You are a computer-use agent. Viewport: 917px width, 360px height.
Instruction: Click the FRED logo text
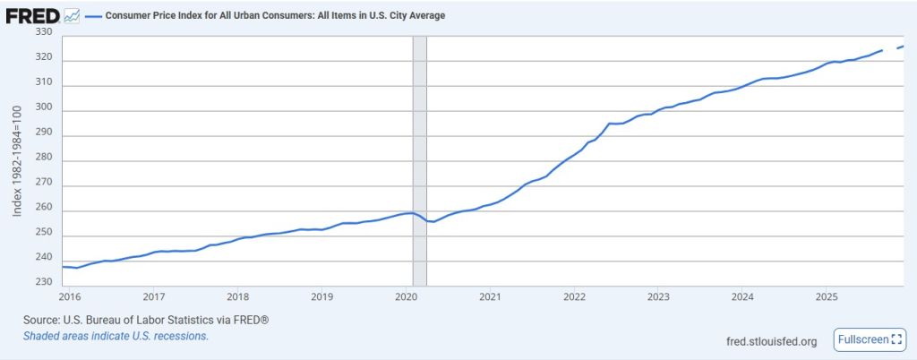pos(33,15)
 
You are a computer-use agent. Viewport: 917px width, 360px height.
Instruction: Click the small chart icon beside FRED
pos(72,16)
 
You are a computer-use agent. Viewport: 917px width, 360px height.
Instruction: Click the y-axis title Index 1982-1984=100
pos(16,160)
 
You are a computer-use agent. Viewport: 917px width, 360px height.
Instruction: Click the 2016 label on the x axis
pos(70,296)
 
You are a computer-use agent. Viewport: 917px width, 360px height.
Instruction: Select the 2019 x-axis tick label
pos(321,296)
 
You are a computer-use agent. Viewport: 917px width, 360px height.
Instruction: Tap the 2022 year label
pos(574,296)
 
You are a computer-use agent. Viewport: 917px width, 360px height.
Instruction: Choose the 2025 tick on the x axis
pos(827,296)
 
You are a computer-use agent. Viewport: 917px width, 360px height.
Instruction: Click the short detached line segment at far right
pos(900,47)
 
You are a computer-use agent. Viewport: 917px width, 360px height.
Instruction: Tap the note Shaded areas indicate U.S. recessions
pos(116,336)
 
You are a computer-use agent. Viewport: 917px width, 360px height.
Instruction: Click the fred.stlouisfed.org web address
pos(773,341)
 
